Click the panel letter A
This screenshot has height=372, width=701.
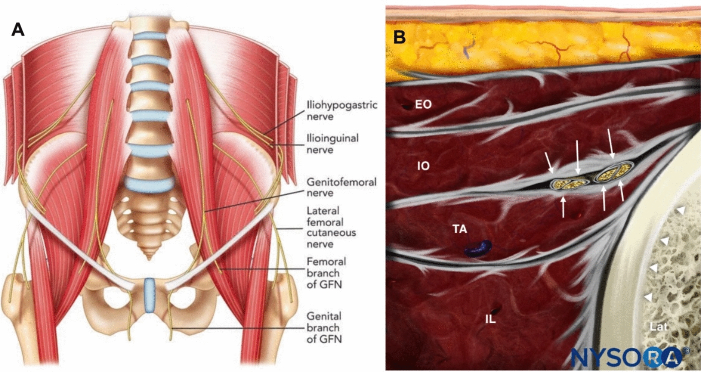click(x=18, y=30)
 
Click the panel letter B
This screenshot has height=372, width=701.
click(x=399, y=37)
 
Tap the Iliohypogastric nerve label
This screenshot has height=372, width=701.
click(x=342, y=111)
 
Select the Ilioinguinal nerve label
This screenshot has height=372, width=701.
click(x=332, y=144)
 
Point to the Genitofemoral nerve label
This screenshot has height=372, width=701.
click(x=341, y=187)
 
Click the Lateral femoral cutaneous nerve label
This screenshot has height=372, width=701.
click(x=331, y=227)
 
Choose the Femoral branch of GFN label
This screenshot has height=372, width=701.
click(x=326, y=273)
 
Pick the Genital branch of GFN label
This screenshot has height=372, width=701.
click(x=324, y=328)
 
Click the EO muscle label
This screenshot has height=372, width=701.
click(x=423, y=105)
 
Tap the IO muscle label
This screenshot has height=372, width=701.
click(x=423, y=166)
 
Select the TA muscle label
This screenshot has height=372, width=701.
click(x=460, y=229)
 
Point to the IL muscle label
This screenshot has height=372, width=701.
click(x=490, y=319)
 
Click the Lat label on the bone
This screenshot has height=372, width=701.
click(x=658, y=327)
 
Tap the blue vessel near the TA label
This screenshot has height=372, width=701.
click(x=478, y=248)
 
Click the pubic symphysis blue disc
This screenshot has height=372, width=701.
click(x=149, y=295)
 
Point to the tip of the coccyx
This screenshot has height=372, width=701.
click(x=149, y=258)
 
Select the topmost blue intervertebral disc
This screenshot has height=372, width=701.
click(x=149, y=36)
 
